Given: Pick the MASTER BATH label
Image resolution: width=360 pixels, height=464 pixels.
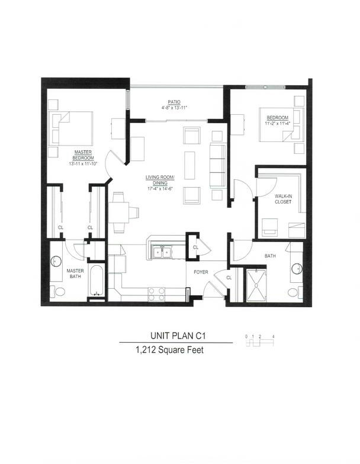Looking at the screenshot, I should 75,274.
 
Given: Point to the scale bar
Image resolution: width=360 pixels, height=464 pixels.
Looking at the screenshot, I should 259,341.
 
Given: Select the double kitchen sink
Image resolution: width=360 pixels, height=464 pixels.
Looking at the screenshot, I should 161,253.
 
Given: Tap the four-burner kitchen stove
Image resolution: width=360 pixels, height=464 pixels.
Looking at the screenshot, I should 156,294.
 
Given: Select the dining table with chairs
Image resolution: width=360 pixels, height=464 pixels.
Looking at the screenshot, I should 120,212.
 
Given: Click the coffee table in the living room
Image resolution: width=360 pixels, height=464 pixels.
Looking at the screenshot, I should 189,165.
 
